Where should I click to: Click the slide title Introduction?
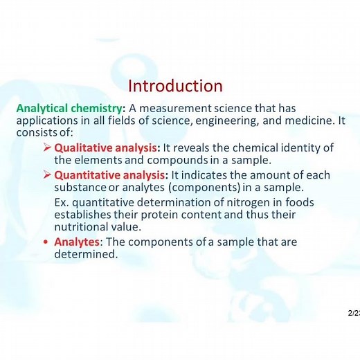tap(175, 86)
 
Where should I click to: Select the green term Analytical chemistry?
tap(69, 108)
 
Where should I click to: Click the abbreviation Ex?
tap(61, 202)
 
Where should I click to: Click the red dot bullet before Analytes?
tap(46, 242)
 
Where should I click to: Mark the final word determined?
tap(86, 254)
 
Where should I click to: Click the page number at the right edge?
tap(354, 314)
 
